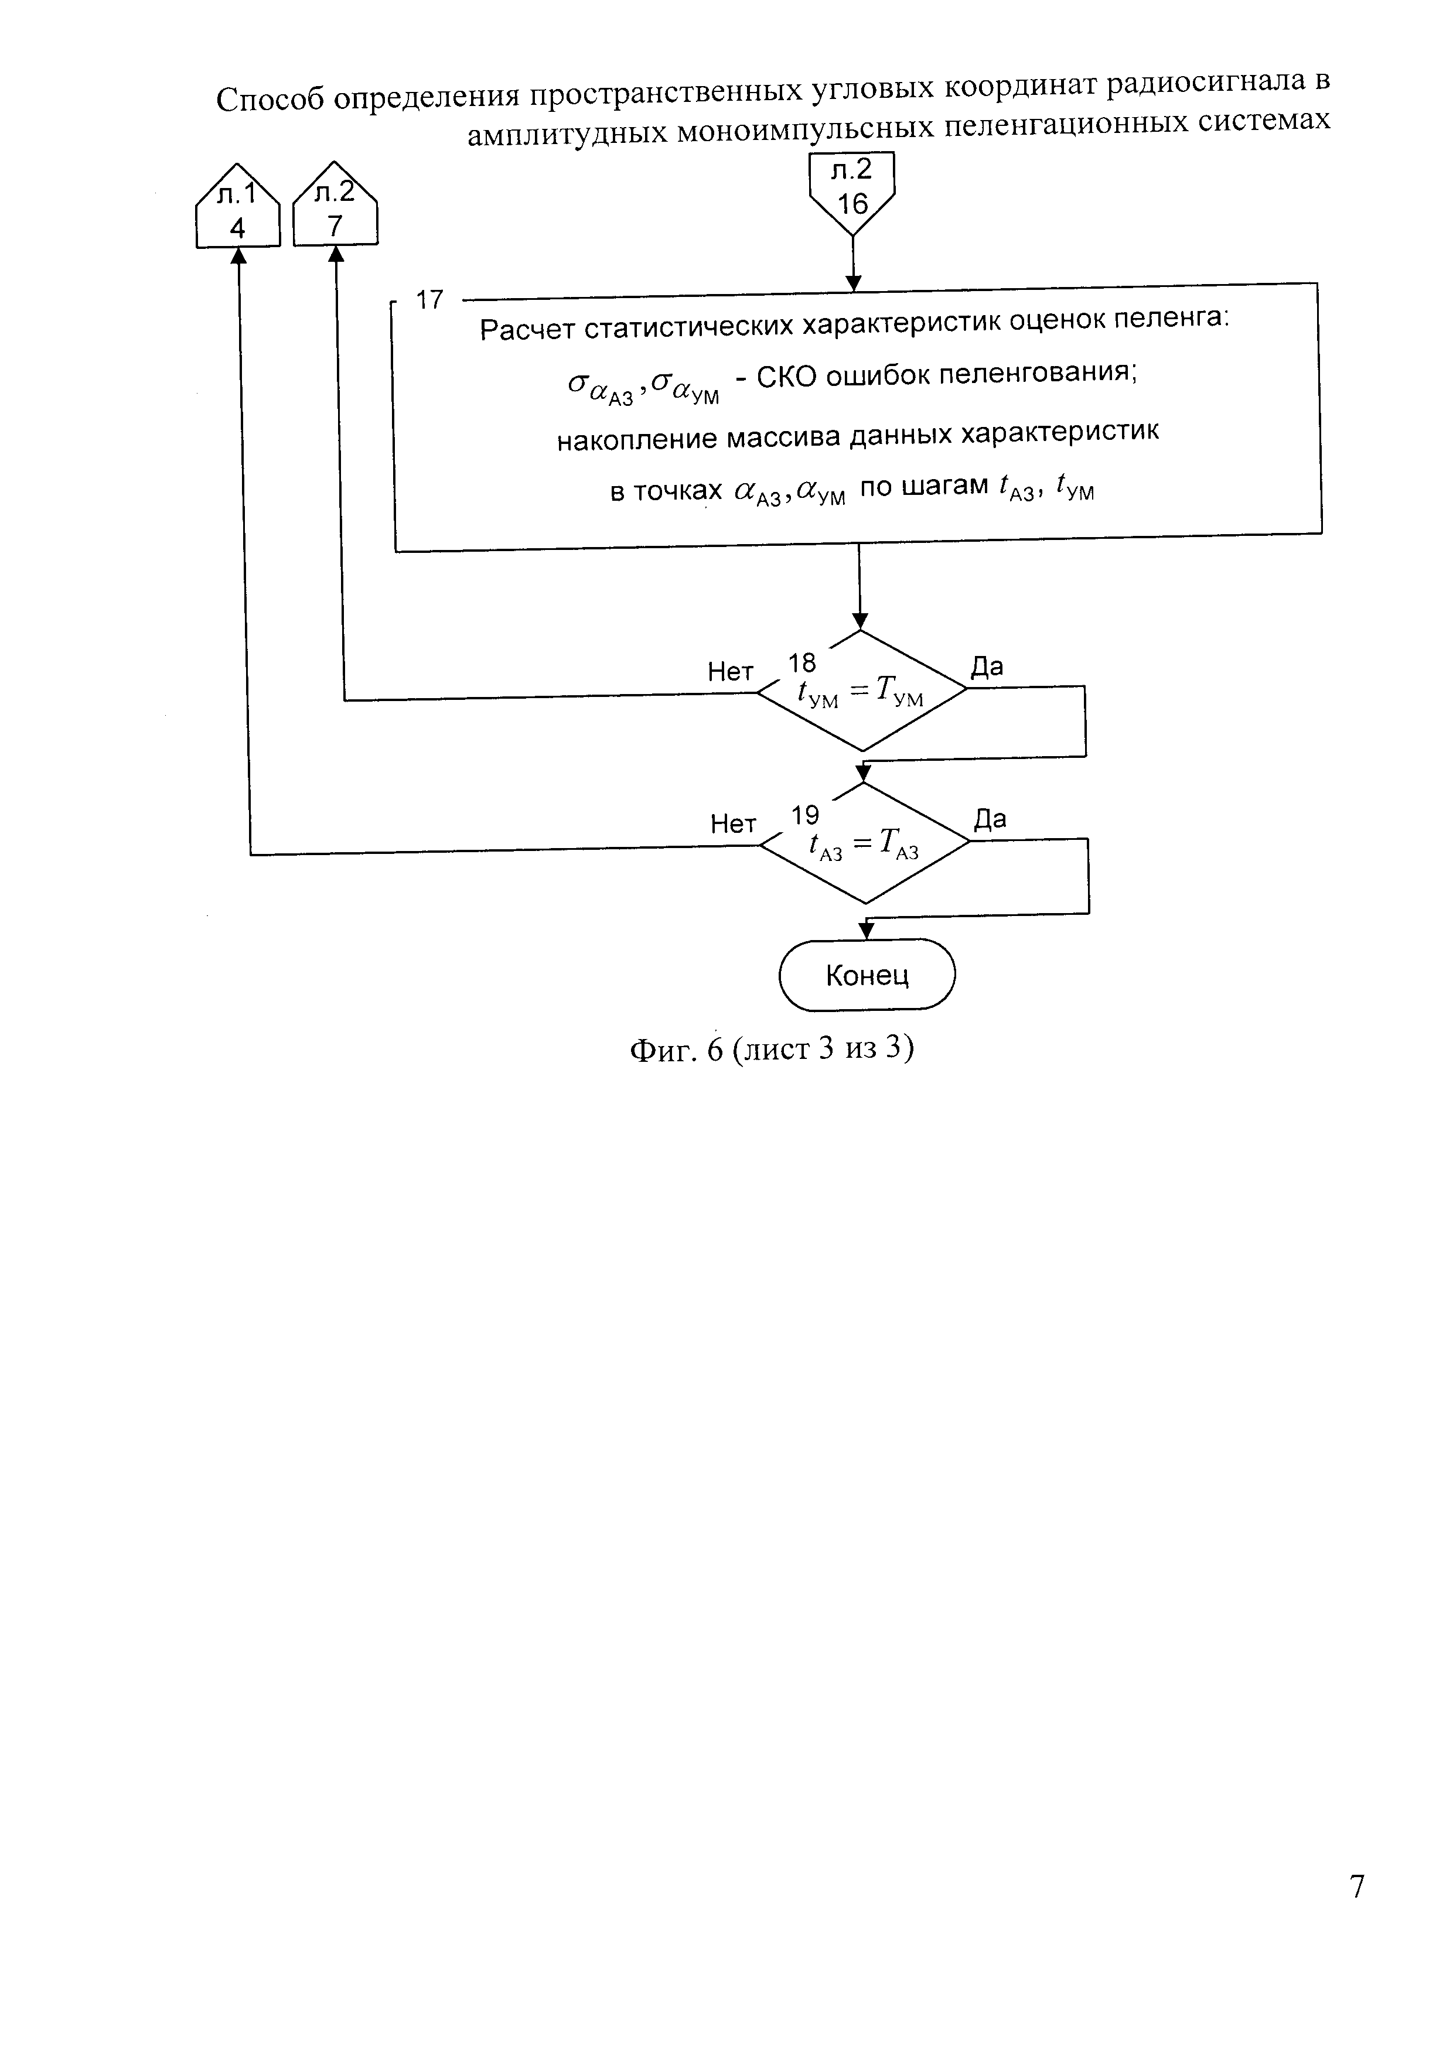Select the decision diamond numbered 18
click(862, 691)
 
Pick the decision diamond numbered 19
click(864, 843)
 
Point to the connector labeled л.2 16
click(852, 190)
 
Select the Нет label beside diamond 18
click(730, 672)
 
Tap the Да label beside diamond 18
click(987, 667)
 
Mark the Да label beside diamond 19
click(990, 819)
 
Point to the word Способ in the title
click(270, 98)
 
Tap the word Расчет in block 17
click(527, 330)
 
